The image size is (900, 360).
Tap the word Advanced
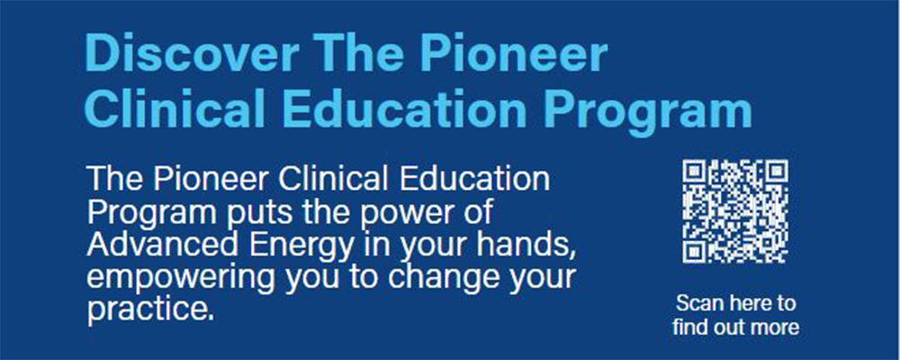[x=151, y=245]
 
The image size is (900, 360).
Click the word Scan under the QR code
[x=697, y=302]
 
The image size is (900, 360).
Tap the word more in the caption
[x=777, y=328]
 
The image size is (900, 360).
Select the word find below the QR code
[x=688, y=327]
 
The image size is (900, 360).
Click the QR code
[x=735, y=211]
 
